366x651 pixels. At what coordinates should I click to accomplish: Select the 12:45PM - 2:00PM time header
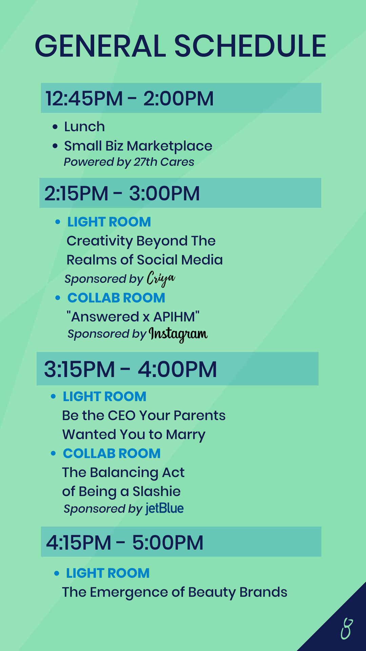(x=129, y=98)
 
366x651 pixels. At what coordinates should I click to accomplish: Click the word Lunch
(x=84, y=126)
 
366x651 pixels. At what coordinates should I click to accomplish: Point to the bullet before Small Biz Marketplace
(x=55, y=146)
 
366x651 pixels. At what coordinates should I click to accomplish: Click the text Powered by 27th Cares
(x=129, y=162)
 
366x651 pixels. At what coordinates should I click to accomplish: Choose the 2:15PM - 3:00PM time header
(x=122, y=193)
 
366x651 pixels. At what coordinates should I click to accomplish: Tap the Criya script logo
(x=161, y=279)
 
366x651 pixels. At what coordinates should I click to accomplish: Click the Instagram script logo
(x=178, y=334)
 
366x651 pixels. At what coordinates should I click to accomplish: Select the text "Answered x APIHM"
(x=133, y=317)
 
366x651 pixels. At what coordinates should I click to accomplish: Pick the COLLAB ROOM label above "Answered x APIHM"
(x=116, y=298)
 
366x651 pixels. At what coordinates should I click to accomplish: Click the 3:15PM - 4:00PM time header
(x=130, y=369)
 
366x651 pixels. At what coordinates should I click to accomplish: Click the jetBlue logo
(x=165, y=509)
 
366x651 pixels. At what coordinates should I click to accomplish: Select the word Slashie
(x=157, y=491)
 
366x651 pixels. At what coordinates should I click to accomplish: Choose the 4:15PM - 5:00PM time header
(x=125, y=542)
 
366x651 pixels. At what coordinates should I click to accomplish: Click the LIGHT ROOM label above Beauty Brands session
(x=108, y=573)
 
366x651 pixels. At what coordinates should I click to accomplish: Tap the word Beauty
(x=212, y=593)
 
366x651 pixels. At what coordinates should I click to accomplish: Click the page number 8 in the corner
(x=347, y=629)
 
